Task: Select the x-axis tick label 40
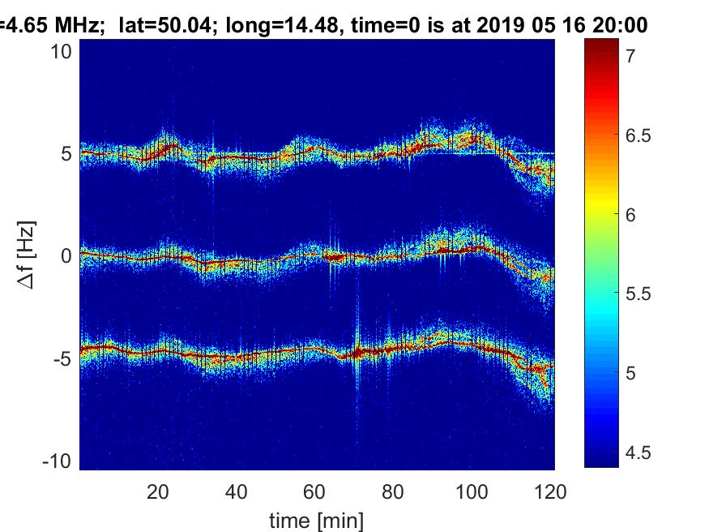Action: (x=237, y=491)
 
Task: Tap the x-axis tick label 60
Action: (x=315, y=491)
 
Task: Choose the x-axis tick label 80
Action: (x=394, y=491)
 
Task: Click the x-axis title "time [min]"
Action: (x=317, y=518)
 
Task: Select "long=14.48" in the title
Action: (x=268, y=25)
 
